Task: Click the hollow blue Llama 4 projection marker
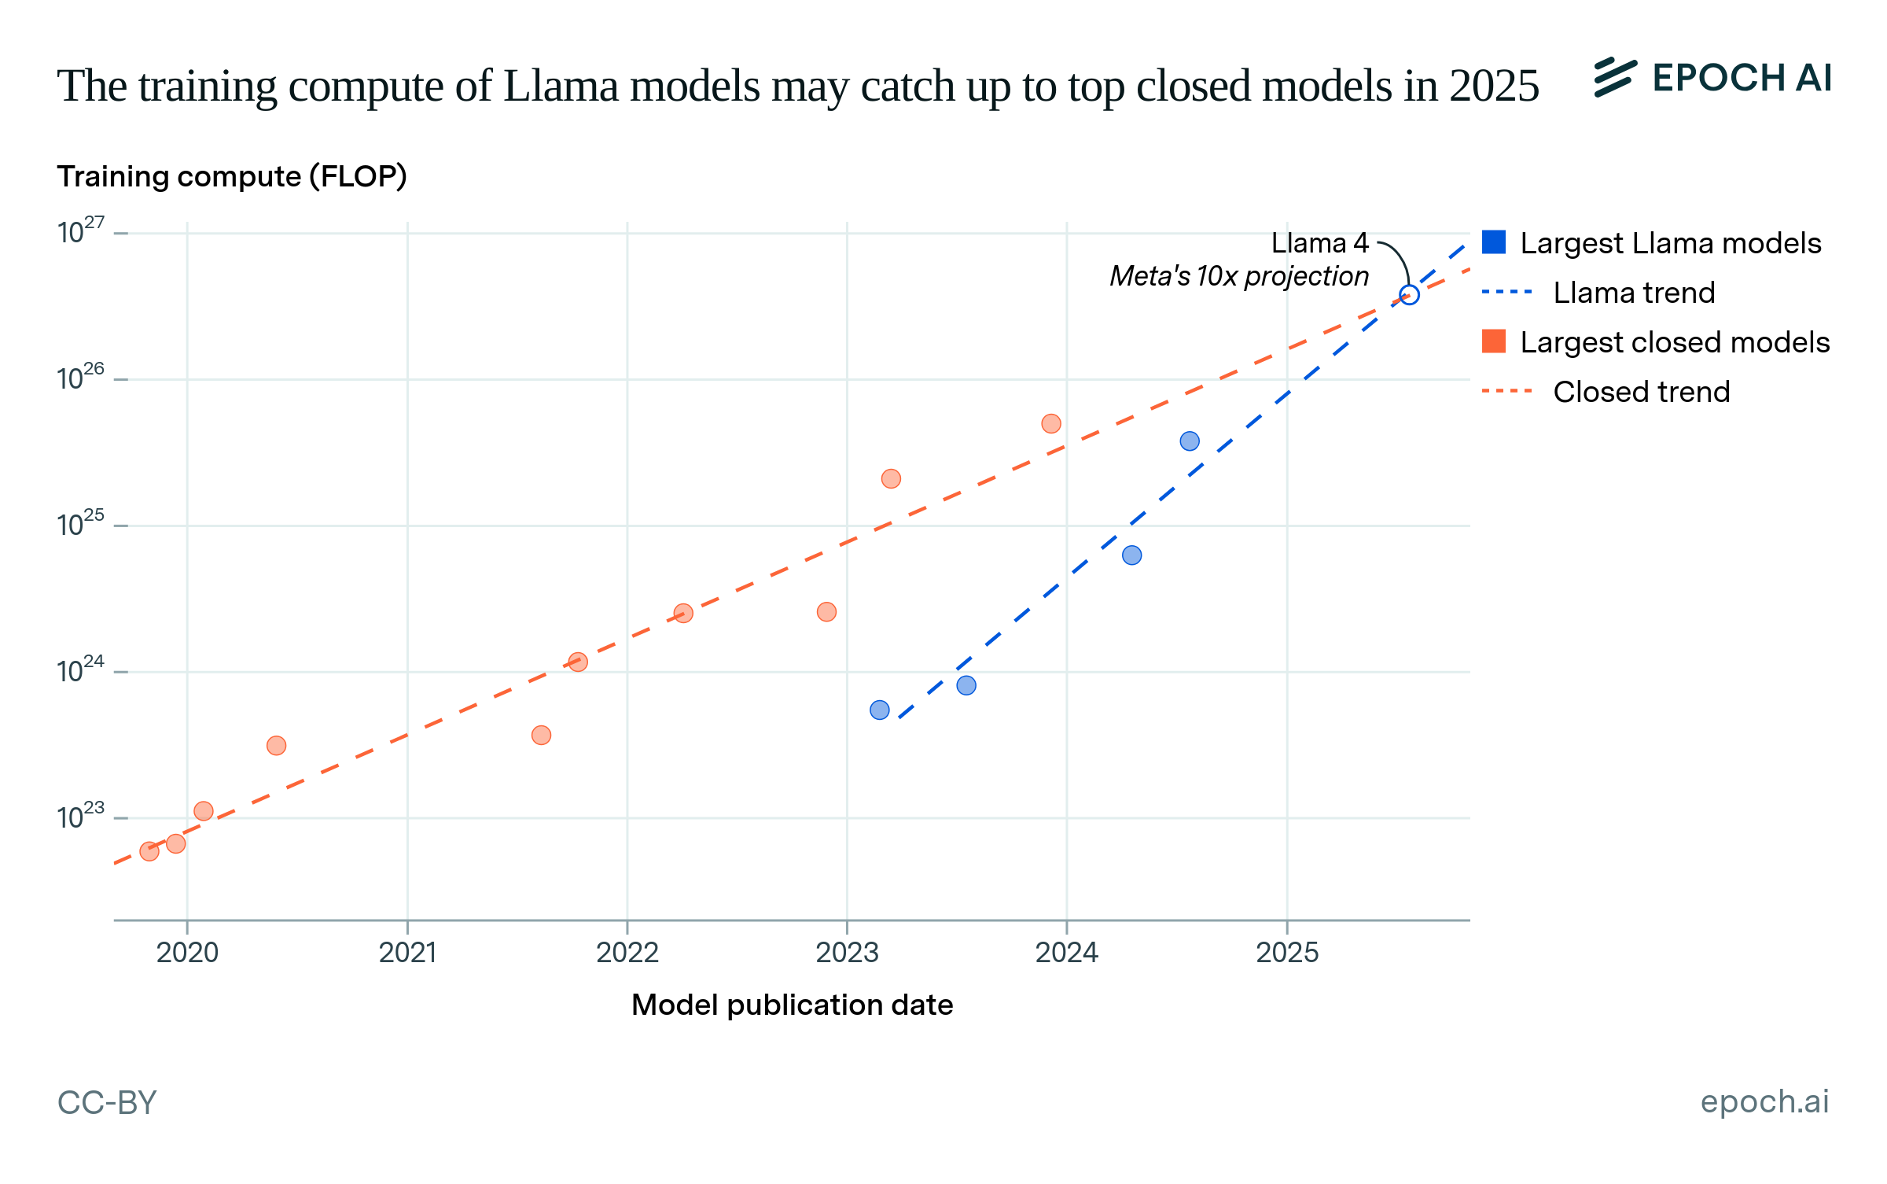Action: tap(1409, 295)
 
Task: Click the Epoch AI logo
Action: tap(1712, 78)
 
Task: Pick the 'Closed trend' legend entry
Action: tap(1641, 392)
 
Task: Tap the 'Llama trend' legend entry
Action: tap(1633, 293)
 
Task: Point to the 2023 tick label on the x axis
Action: tap(847, 953)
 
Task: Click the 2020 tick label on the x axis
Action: tap(187, 953)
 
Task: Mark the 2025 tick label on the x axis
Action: tap(1287, 953)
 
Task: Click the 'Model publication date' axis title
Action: tap(792, 1005)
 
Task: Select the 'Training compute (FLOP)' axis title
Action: tap(232, 176)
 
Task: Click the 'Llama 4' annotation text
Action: tap(1319, 243)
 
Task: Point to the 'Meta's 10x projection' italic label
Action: tap(1238, 276)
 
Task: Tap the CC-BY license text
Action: tap(107, 1102)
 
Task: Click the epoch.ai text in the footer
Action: tap(1764, 1101)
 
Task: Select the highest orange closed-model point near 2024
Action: tap(1051, 424)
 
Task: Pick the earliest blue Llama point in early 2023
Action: tap(880, 710)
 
